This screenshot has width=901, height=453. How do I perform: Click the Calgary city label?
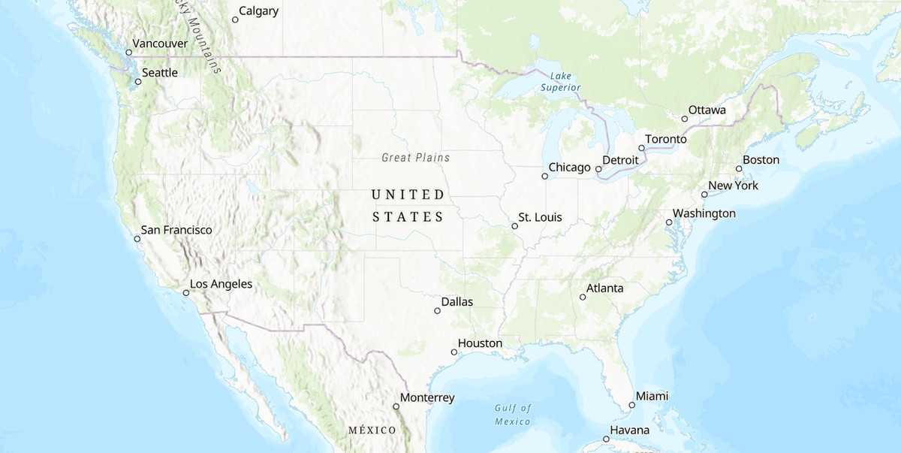pyautogui.click(x=259, y=11)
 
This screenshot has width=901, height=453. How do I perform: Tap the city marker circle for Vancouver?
pyautogui.click(x=128, y=53)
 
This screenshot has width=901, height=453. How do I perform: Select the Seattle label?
pyautogui.click(x=160, y=73)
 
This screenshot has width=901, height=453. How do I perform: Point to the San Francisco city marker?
pyautogui.click(x=137, y=239)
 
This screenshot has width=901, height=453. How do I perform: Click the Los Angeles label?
pyautogui.click(x=221, y=285)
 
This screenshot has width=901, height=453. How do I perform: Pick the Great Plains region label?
pyautogui.click(x=416, y=158)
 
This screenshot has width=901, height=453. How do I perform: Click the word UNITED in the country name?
pyautogui.click(x=408, y=195)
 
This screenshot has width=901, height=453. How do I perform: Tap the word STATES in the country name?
pyautogui.click(x=408, y=217)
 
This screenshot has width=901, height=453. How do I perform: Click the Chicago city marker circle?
pyautogui.click(x=544, y=177)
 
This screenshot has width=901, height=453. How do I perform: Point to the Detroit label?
pyautogui.click(x=620, y=161)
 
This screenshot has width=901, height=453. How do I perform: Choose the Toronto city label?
pyautogui.click(x=666, y=140)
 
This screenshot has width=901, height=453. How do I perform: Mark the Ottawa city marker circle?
pyautogui.click(x=684, y=119)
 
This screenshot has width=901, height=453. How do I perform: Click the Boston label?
pyautogui.click(x=761, y=160)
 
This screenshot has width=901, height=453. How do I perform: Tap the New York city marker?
pyautogui.click(x=704, y=195)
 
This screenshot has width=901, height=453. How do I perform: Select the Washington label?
pyautogui.click(x=704, y=213)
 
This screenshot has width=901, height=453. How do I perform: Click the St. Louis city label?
pyautogui.click(x=540, y=218)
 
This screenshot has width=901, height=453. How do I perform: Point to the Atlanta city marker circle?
pyautogui.click(x=583, y=297)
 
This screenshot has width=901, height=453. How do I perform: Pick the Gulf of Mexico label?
pyautogui.click(x=513, y=415)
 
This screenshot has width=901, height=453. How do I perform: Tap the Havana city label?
pyautogui.click(x=629, y=430)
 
